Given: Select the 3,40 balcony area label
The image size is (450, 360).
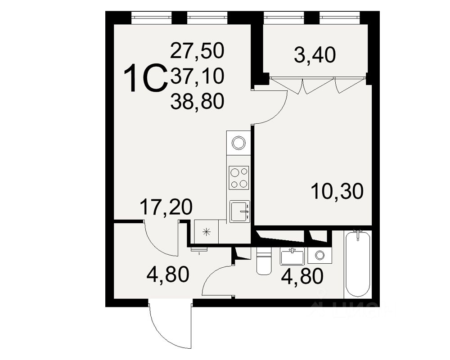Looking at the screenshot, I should [x=315, y=56].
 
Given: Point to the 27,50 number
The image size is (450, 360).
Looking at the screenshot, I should [x=197, y=50].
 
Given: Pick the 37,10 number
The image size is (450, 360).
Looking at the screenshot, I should [x=197, y=76].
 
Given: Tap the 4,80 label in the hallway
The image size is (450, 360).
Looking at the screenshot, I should [x=167, y=274].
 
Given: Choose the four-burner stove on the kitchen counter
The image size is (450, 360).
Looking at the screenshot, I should [x=238, y=177].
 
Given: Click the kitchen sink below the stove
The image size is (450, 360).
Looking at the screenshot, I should [x=239, y=211].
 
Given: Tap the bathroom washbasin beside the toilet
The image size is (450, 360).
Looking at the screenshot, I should [x=292, y=256].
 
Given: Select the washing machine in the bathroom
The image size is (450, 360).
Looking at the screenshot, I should [x=320, y=256].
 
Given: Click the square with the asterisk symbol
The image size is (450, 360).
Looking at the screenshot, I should [x=206, y=232].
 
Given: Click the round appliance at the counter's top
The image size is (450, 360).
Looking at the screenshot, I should [x=238, y=143].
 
